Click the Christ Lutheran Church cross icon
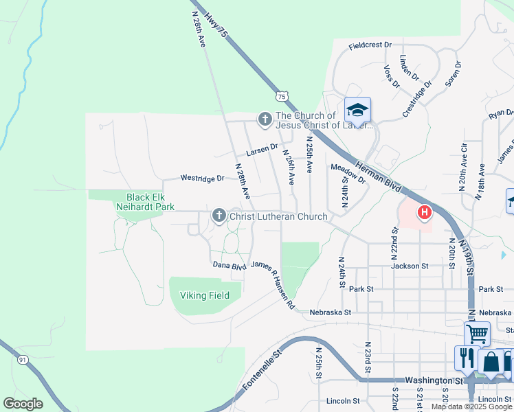click(x=219, y=216)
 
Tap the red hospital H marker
click(x=425, y=213)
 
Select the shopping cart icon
click(x=477, y=334)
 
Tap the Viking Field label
click(x=205, y=295)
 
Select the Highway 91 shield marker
click(x=23, y=359)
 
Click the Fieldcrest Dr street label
click(x=370, y=45)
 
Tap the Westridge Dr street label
click(x=203, y=178)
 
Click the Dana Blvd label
click(x=230, y=265)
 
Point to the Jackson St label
click(x=410, y=266)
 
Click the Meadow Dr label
click(x=348, y=173)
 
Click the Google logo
click(x=23, y=404)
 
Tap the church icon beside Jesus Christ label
click(x=265, y=119)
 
